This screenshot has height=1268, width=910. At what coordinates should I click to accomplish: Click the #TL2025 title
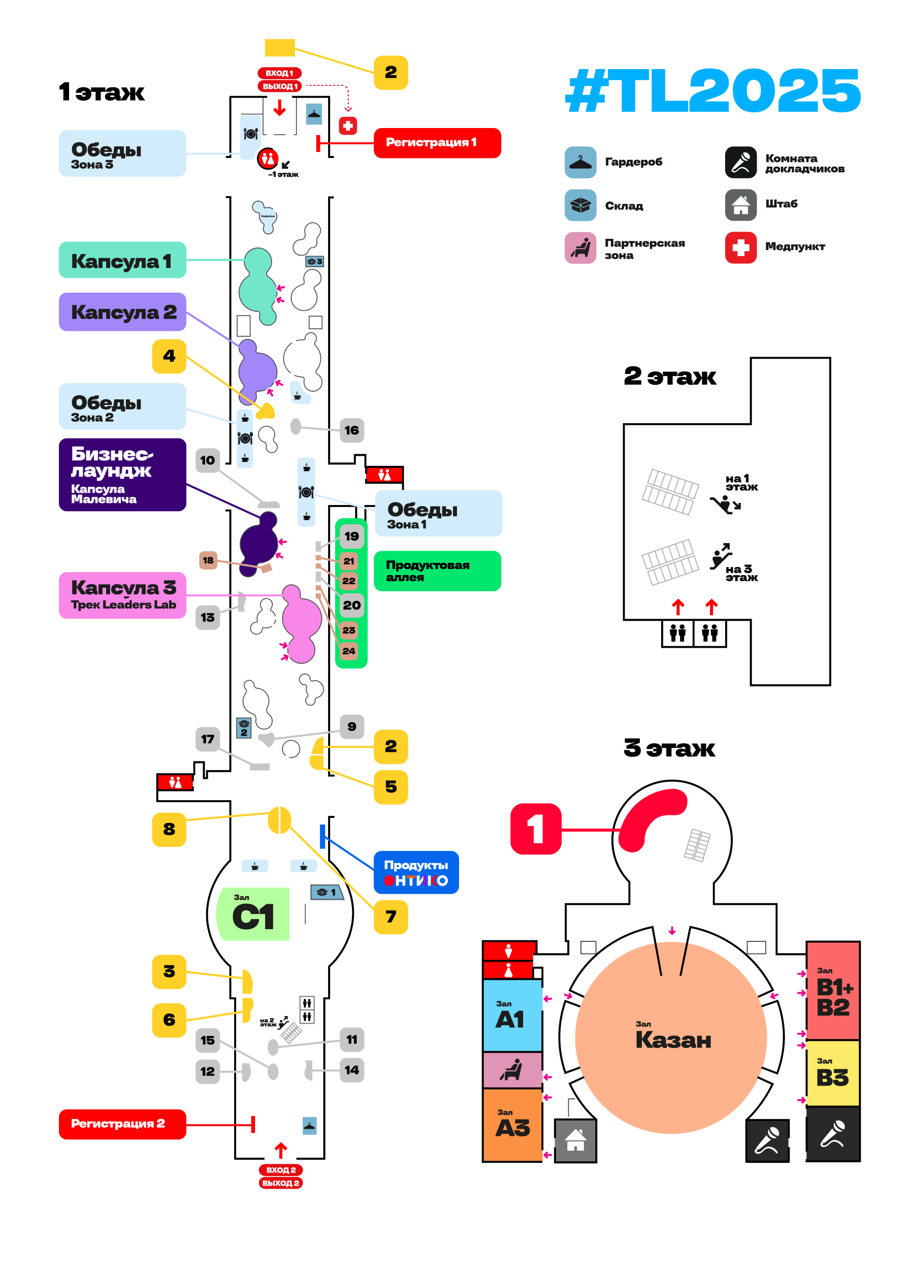click(712, 90)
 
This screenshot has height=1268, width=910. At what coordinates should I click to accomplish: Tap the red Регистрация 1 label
click(437, 143)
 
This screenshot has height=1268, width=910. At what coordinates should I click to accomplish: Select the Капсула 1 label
click(122, 260)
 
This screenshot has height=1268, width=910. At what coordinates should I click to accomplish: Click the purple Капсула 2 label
click(122, 311)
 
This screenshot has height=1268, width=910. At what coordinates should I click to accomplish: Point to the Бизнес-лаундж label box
click(122, 474)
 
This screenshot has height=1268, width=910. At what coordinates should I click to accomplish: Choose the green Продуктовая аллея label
click(437, 570)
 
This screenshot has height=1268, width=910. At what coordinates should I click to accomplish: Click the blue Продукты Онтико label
click(415, 872)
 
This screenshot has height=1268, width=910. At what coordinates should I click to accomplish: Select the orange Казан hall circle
click(670, 1037)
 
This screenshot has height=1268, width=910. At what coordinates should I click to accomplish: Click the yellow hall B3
click(832, 1072)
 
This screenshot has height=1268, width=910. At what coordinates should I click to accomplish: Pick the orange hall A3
click(511, 1124)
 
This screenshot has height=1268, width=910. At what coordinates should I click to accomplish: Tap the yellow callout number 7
click(390, 916)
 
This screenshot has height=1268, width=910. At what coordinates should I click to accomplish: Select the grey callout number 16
click(351, 430)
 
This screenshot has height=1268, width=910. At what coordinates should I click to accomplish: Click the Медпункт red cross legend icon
click(740, 247)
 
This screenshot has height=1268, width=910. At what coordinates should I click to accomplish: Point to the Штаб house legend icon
click(740, 205)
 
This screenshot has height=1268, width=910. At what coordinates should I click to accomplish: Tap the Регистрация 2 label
click(122, 1124)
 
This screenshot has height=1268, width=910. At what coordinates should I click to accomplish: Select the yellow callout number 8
click(169, 829)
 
